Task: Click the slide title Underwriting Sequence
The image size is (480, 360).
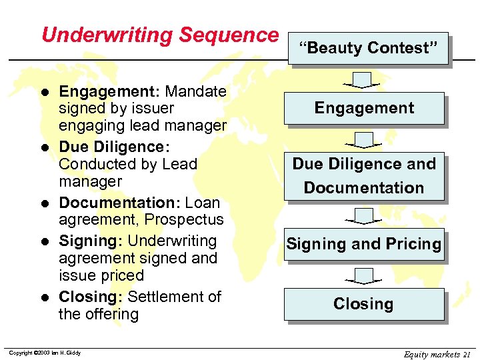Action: (x=159, y=35)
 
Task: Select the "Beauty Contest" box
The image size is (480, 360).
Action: (x=368, y=48)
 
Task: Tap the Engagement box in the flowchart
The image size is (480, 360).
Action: (x=364, y=108)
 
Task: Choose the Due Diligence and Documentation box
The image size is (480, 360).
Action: (x=364, y=176)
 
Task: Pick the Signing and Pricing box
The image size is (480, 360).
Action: (x=364, y=244)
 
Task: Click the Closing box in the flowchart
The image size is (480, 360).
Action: (x=364, y=304)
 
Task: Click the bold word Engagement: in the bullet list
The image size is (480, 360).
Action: (x=109, y=91)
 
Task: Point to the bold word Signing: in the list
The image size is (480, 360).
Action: (x=89, y=241)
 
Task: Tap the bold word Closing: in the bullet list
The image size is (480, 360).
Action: (x=91, y=297)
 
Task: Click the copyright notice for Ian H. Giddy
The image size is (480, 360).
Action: (x=45, y=353)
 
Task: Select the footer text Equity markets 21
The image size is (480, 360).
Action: (x=437, y=354)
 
